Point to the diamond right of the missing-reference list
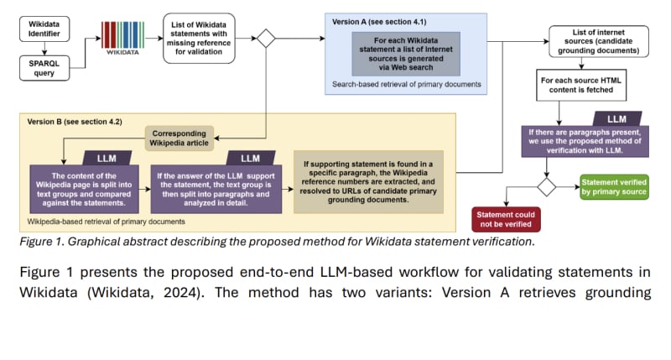pyautogui.click(x=267, y=39)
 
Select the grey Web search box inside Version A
pyautogui.click(x=405, y=54)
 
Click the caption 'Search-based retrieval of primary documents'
pyautogui.click(x=406, y=85)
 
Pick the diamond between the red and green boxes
pyautogui.click(x=547, y=186)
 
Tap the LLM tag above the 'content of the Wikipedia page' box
pyautogui.click(x=107, y=158)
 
